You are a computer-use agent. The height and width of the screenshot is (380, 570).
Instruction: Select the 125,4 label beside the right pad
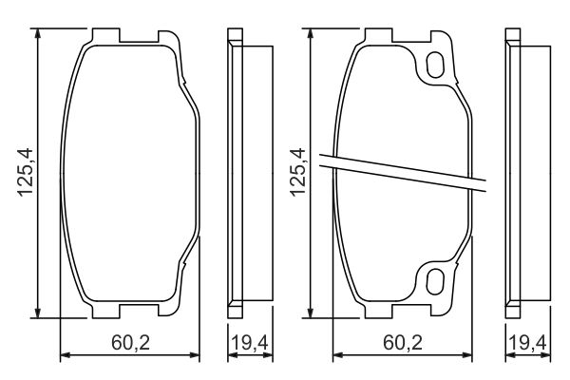[295, 172]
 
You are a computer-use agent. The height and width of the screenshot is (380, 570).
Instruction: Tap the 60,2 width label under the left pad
[130, 341]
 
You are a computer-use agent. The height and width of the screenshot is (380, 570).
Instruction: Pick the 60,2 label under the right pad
[402, 341]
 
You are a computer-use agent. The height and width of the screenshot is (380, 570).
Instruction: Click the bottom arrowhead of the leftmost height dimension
[38, 313]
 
